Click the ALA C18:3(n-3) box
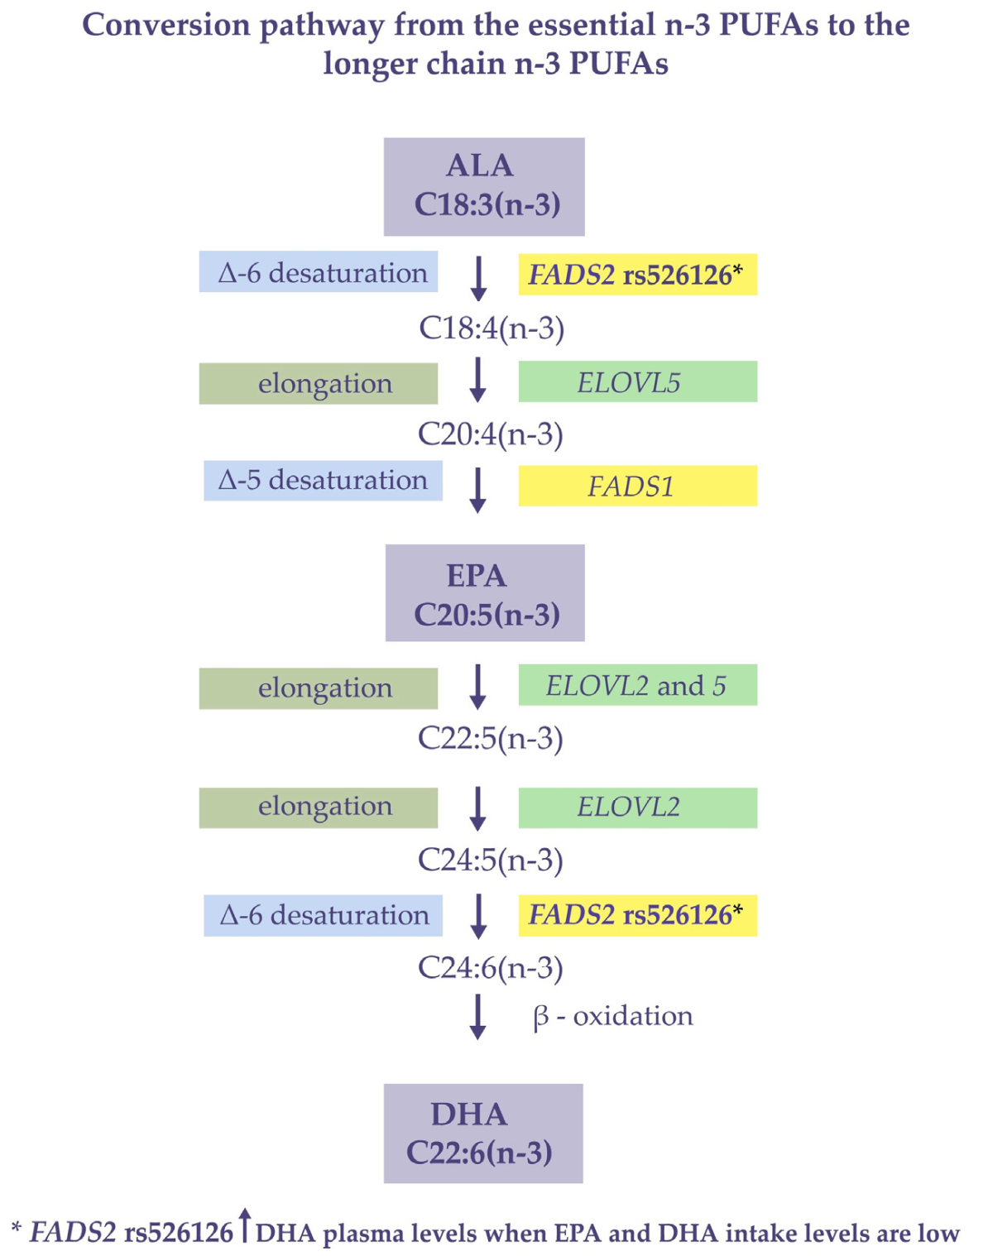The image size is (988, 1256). (x=484, y=186)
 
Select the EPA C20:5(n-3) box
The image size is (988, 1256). (x=485, y=592)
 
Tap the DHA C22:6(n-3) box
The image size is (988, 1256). (x=483, y=1133)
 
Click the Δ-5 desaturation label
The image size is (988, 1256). (x=323, y=481)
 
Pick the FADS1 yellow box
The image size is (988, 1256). (x=637, y=486)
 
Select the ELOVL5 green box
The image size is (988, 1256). (x=637, y=382)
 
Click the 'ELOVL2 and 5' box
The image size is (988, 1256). (x=637, y=685)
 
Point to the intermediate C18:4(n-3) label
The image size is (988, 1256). (x=492, y=328)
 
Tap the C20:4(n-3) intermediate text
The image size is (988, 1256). (x=491, y=434)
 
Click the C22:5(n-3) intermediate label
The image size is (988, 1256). (x=491, y=738)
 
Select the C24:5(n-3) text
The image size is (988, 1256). (x=491, y=860)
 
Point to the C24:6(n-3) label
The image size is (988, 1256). (x=491, y=967)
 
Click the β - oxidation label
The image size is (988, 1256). (x=613, y=1016)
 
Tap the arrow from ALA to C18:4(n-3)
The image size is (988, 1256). (x=478, y=278)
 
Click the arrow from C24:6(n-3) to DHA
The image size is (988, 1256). (x=477, y=1017)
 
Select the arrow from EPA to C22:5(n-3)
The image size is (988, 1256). (x=477, y=687)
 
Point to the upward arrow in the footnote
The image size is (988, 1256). (x=244, y=1225)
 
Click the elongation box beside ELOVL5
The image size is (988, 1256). (x=319, y=384)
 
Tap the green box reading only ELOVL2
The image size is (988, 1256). (x=637, y=808)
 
